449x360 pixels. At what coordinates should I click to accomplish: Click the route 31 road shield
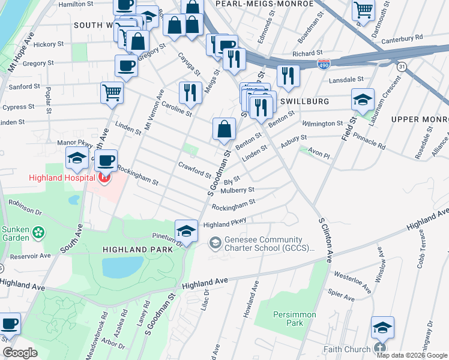(x=402, y=66)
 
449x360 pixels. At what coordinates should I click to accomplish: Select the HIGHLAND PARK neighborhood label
(x=137, y=249)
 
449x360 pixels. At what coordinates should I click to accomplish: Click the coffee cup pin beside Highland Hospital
(x=107, y=160)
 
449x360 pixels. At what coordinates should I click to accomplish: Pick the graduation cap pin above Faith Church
(x=382, y=328)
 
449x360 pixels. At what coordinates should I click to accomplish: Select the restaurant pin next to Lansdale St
(x=289, y=76)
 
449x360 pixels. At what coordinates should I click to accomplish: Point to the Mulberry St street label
(x=238, y=190)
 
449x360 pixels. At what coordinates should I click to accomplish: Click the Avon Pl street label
(x=319, y=154)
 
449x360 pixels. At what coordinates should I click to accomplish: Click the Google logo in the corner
(x=20, y=353)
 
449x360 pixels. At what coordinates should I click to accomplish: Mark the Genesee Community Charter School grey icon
(x=214, y=242)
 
